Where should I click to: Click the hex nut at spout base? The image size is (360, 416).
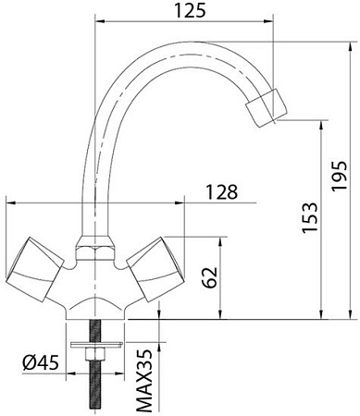(x=91, y=246)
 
